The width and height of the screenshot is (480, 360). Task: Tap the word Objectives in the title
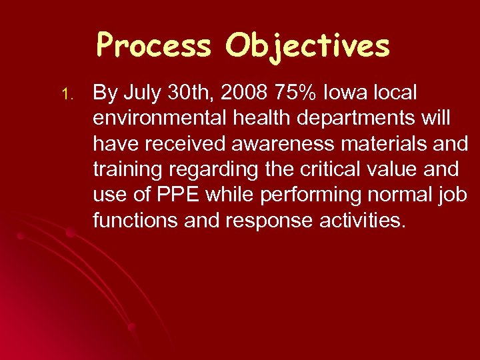(307, 46)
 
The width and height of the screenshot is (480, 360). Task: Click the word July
(141, 92)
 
